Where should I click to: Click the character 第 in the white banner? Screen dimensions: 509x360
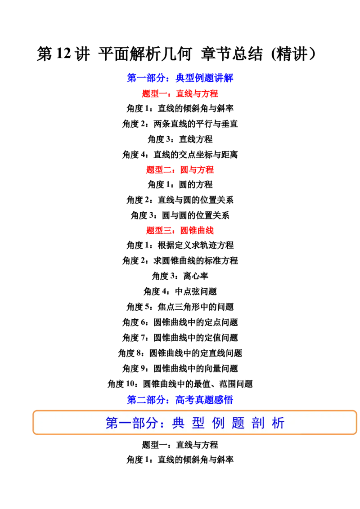pos(112,423)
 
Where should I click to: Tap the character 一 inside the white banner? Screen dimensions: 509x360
pos(125,423)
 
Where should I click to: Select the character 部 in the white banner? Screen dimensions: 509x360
pos(138,423)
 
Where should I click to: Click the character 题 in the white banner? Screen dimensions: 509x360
pos(238,423)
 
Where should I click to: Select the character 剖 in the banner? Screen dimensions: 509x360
pos(258,423)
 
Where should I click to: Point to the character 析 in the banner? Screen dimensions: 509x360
pos(278,423)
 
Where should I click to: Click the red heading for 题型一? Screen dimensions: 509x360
pos(180,94)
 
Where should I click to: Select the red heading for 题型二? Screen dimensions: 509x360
pos(180,170)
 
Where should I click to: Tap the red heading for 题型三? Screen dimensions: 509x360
pos(180,231)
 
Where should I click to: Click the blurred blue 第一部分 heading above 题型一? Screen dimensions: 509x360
pos(180,77)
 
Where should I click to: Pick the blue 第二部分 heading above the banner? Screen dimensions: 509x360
pos(180,399)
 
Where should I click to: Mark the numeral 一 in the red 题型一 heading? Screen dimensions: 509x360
pos(165,94)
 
